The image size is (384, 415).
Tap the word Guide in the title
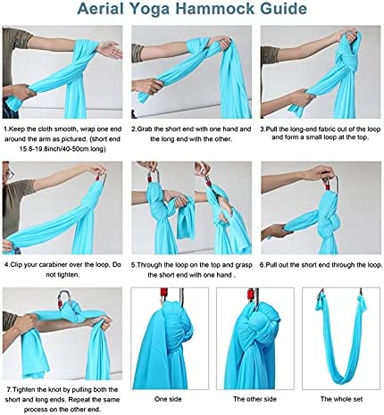point(282,8)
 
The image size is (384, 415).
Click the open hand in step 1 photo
point(110,49)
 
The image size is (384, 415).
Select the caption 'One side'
point(168,399)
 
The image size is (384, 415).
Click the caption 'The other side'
point(255,399)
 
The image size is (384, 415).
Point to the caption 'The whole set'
point(341,399)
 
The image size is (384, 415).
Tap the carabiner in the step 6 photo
point(330,184)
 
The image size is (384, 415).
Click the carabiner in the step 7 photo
point(63,298)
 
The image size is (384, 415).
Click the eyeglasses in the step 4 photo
point(9,174)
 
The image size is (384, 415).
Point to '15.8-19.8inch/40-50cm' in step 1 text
point(55,149)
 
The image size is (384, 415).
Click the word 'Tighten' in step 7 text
point(25,389)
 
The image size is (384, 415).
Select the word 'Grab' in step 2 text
point(145,129)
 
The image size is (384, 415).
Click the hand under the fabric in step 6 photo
point(274,231)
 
